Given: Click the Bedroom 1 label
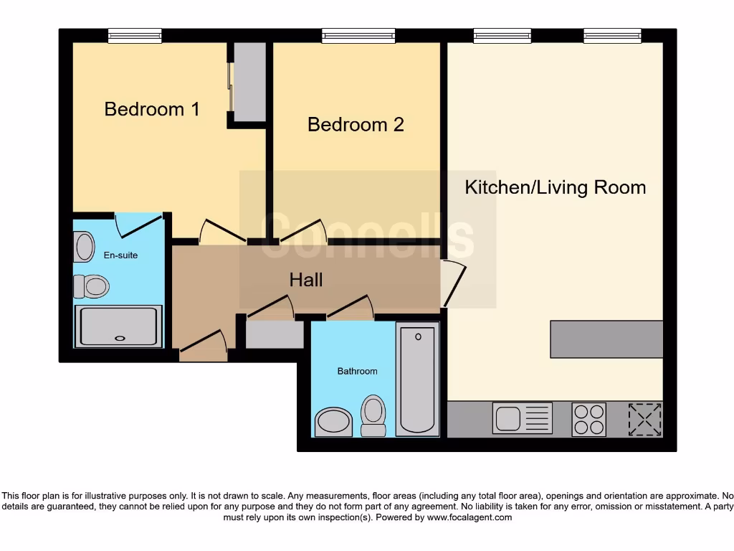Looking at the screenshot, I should pos(152,109).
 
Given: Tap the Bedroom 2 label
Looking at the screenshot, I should pos(356,125).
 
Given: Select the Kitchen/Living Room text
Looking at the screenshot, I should pos(556,187).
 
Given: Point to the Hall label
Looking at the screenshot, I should pos(306,280).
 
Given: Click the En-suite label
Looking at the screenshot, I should pos(120,255).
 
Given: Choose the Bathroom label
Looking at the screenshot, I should pos(357,371).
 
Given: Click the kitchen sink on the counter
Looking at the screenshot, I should pos(522,418).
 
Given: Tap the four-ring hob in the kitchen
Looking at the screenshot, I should pos(588,419).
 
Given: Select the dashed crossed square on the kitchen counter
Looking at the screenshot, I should pos(644,419).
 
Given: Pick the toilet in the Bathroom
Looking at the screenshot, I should pos(373,415).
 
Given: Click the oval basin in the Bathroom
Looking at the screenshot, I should pos(333,421).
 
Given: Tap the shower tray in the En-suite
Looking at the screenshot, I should pos(119,326).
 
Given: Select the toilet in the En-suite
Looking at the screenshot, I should pos(90,286).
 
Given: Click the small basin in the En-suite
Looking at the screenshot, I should pos(84,247).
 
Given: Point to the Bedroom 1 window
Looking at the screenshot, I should pos(135,36).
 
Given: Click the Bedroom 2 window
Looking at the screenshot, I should pos(358,36).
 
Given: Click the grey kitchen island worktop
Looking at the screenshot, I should pos(606,339).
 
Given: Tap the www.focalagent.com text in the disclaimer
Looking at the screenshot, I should pos(470,517).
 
